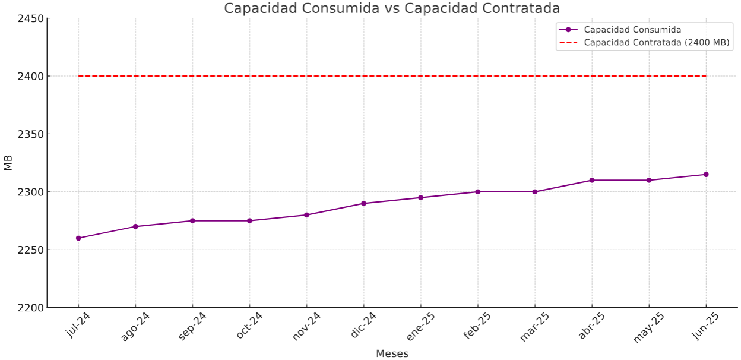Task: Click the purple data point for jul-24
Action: click(78, 238)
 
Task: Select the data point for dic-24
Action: click(364, 203)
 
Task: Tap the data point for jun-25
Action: click(706, 175)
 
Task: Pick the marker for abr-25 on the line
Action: click(592, 180)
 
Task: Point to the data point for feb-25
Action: click(478, 192)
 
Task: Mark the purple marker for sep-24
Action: click(192, 221)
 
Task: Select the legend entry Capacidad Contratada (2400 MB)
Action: click(656, 43)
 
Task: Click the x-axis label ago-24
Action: click(135, 326)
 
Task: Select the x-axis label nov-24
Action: click(306, 326)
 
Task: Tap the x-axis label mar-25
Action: click(534, 326)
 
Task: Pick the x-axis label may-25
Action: click(648, 327)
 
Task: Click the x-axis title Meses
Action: click(392, 353)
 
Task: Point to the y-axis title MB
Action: click(8, 163)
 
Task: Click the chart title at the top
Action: click(392, 8)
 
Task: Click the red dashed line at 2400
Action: click(392, 76)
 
